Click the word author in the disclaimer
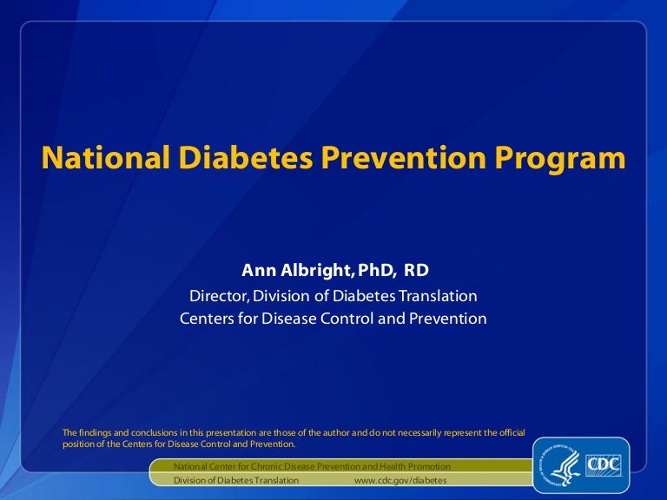tap(334, 432)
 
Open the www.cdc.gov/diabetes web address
tap(401, 480)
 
